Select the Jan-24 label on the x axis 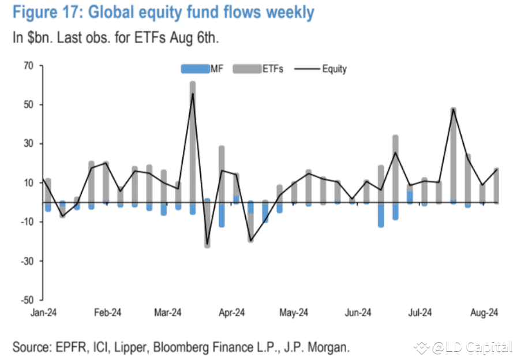pyautogui.click(x=43, y=313)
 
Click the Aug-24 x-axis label pyautogui.click(x=484, y=313)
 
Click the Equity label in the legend pyautogui.click(x=334, y=69)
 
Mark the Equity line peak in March pyautogui.click(x=193, y=94)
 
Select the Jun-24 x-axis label pyautogui.click(x=358, y=313)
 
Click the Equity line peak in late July pyautogui.click(x=453, y=109)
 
